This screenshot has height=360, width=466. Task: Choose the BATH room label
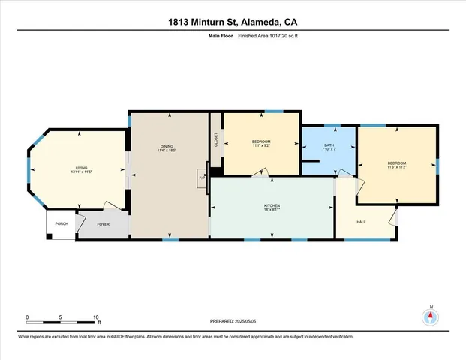[x=329, y=145]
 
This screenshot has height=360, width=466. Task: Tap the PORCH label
[x=61, y=223]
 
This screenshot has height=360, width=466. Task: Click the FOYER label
[x=103, y=223]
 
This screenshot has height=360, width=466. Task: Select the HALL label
[x=360, y=223]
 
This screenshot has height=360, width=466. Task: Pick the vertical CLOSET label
[x=216, y=140]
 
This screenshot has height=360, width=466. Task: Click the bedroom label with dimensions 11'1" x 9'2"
[x=261, y=142]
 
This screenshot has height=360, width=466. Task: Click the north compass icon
[x=431, y=316]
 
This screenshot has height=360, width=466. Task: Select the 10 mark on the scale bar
[x=95, y=317]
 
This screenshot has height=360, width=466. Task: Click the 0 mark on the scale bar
[x=27, y=317]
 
